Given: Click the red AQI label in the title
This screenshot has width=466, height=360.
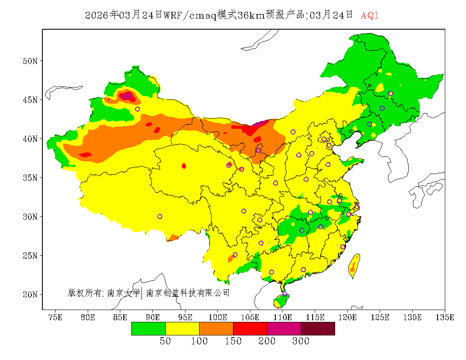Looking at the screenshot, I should coord(369,15).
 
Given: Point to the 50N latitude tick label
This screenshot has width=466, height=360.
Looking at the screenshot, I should coord(30,61).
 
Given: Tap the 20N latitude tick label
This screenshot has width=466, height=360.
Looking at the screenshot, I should coord(30,294).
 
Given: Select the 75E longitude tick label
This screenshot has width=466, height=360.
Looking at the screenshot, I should coord(55,317).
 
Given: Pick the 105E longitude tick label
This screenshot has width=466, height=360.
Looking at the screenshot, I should coord(250,317).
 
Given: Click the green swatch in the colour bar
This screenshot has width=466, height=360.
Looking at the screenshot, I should coord(148,328).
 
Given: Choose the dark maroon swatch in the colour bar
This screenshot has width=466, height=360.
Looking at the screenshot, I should coord(318,328).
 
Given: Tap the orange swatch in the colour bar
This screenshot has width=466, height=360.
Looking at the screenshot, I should coord(216,328).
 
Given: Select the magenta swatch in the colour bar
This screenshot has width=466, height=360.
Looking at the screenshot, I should coord(284,328).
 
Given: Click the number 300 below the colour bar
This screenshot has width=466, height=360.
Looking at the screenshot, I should coord(301,341).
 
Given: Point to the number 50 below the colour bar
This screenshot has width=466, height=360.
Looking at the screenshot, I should coord(165,341).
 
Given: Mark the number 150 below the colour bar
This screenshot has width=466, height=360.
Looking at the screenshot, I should coord(233,341).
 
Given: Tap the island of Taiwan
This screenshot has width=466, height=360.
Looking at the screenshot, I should coord(354,266).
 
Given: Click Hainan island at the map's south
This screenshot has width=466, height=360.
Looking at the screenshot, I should coord(280,300).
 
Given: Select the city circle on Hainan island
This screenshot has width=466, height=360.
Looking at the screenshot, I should coord(285,294).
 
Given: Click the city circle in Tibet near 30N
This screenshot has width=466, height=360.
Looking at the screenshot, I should coord(160,216).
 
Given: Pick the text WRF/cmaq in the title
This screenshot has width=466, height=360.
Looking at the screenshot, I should coord(190,15).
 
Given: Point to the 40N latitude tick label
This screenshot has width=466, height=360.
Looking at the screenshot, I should coord(30,139).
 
